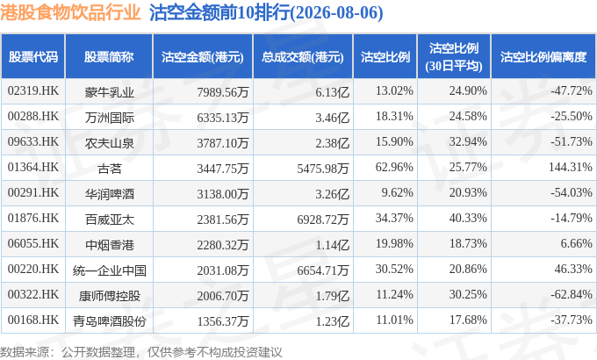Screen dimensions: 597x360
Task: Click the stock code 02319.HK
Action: pyautogui.click(x=33, y=91)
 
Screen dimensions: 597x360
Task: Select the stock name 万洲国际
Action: pyautogui.click(x=109, y=118)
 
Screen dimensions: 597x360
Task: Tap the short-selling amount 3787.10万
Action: pyautogui.click(x=223, y=143)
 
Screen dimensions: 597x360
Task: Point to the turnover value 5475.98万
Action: pyautogui.click(x=323, y=169)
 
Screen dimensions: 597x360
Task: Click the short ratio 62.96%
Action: pyautogui.click(x=394, y=167)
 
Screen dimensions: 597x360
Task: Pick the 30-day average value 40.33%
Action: pyautogui.click(x=468, y=219)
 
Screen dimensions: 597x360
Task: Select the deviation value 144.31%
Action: pyautogui.click(x=571, y=167)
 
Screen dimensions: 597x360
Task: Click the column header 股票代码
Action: pyautogui.click(x=33, y=57)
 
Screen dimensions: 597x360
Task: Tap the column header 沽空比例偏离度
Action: pyautogui.click(x=543, y=57)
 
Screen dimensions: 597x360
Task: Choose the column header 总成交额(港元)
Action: pyautogui.click(x=303, y=57)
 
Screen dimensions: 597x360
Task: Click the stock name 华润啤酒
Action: pyautogui.click(x=109, y=194)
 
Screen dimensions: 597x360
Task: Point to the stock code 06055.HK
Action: pyautogui.click(x=33, y=244)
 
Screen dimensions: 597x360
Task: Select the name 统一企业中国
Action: pyautogui.click(x=109, y=270)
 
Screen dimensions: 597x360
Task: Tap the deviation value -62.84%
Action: pyautogui.click(x=572, y=295)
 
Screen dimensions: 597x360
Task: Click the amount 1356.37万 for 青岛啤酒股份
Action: pyautogui.click(x=223, y=321)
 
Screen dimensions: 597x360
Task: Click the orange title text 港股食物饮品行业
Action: pyautogui.click(x=70, y=13)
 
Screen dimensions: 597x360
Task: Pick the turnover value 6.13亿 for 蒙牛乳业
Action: pyautogui.click(x=332, y=92)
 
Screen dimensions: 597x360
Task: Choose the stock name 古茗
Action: pyautogui.click(x=109, y=169)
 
